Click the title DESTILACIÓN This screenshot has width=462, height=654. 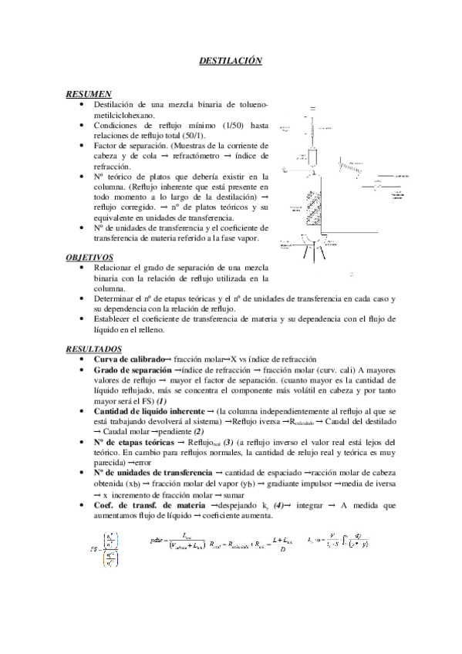click(231, 59)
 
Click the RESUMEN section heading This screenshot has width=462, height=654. click(89, 93)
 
